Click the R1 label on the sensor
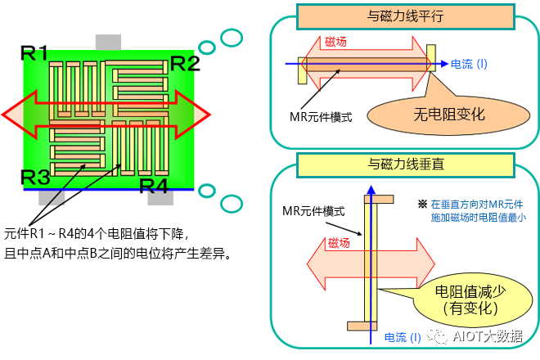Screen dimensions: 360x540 34,54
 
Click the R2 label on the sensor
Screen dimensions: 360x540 184,63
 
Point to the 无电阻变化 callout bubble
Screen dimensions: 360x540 449,114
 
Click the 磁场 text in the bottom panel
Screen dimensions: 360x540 339,243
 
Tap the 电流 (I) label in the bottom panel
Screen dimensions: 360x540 403,336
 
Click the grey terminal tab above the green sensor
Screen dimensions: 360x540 108,42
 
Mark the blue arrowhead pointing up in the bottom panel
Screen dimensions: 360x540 371,191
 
